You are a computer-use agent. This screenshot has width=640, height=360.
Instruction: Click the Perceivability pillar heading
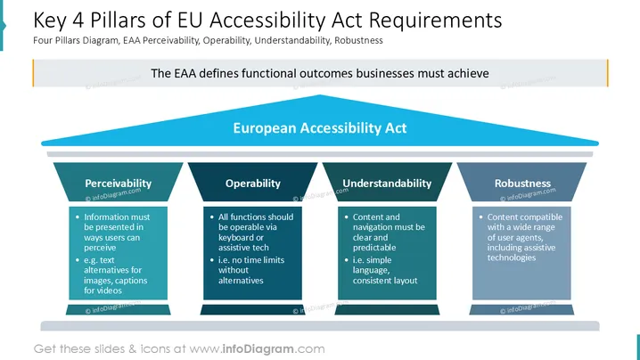pos(118,184)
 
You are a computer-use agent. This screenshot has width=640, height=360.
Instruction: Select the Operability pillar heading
pos(252,184)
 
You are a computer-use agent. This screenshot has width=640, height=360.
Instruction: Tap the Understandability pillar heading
pos(387,184)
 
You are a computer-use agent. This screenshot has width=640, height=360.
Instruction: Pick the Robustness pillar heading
pos(522,184)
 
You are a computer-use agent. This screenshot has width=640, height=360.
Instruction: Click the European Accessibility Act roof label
pos(320,127)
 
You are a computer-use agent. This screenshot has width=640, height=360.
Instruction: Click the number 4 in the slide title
pos(78,20)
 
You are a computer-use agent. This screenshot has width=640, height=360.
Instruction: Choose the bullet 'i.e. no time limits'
pos(247,270)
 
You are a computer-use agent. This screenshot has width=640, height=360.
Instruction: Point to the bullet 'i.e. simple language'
pos(382,270)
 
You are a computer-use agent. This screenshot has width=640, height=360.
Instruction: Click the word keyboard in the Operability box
pos(235,238)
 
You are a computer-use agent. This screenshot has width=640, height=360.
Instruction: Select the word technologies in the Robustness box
pos(512,258)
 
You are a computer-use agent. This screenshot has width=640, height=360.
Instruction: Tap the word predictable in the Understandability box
pos(374,248)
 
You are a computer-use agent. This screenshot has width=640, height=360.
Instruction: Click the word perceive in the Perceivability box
pos(100,248)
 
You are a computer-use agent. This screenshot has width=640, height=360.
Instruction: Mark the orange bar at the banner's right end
pos(607,73)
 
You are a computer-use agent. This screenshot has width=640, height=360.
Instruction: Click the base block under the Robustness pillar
pos(521,310)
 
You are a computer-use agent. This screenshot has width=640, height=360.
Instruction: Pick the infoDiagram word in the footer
pos(258,349)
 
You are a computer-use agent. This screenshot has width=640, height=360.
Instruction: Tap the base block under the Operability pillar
pos(252,310)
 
